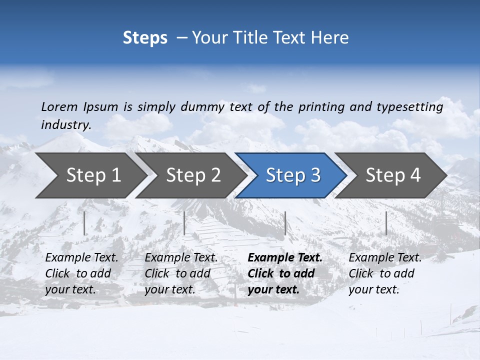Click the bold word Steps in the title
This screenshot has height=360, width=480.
coord(145,38)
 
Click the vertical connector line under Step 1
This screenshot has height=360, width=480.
coord(84,223)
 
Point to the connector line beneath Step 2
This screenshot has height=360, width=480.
coord(184,223)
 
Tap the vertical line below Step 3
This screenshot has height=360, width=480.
coord(285,223)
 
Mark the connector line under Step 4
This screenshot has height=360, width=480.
coord(386,223)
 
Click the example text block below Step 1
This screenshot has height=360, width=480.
coord(81,273)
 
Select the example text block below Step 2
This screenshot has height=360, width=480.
coord(181,273)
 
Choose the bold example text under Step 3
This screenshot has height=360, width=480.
coord(284,273)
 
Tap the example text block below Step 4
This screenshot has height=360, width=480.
coord(385,273)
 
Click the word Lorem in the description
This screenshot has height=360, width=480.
coord(59,107)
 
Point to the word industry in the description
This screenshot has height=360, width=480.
coord(65,125)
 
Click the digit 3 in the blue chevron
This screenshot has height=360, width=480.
coord(315,175)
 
